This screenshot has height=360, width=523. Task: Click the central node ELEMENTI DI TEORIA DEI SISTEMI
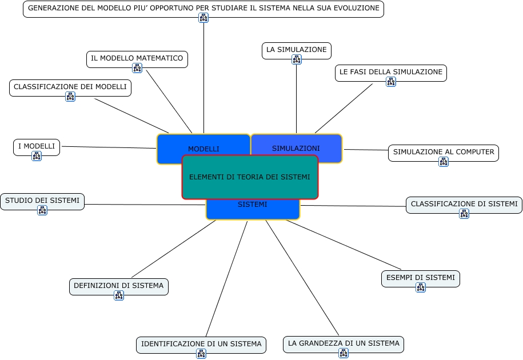click(250, 177)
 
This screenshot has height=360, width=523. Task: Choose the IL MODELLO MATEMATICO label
click(137, 58)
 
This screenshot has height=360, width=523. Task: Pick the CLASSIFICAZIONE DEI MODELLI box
click(70, 87)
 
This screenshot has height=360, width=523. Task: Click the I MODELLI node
click(37, 147)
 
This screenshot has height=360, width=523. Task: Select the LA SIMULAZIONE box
click(296, 50)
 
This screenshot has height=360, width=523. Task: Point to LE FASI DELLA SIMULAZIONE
click(390, 72)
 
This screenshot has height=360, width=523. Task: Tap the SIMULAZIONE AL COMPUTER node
click(444, 152)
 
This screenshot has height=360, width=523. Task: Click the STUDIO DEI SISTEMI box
click(42, 201)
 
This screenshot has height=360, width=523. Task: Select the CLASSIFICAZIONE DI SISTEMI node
click(464, 204)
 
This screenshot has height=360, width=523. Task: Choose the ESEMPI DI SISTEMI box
click(420, 278)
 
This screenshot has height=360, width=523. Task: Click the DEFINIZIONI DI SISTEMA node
click(119, 286)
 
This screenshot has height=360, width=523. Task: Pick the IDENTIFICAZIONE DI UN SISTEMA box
click(201, 344)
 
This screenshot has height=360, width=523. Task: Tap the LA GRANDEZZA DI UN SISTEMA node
click(344, 343)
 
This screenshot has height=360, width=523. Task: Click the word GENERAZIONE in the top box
click(51, 9)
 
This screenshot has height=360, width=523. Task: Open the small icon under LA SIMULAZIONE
click(296, 59)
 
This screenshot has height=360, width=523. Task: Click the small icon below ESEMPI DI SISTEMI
click(421, 287)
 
